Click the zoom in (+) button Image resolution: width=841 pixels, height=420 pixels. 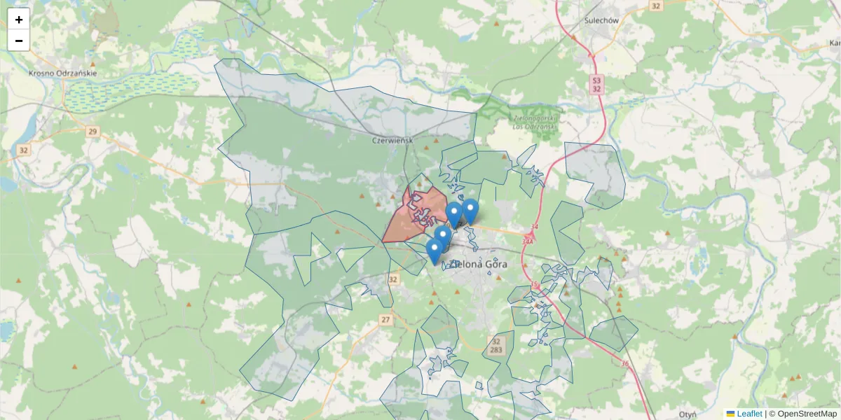point(19,20)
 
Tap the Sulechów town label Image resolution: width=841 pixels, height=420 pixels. point(601,20)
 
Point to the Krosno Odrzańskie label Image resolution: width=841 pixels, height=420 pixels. point(62,73)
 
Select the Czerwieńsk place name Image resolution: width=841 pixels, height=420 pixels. point(392,140)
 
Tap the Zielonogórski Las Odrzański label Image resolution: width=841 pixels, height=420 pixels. point(535,122)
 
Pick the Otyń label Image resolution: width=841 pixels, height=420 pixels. point(688,414)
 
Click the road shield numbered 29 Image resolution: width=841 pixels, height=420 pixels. point(93,131)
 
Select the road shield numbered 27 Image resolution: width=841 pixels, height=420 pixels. point(385,319)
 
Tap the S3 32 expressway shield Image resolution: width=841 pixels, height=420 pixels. point(596,84)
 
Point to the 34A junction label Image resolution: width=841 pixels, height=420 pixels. point(528,241)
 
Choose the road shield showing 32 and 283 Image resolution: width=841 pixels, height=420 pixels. point(496,345)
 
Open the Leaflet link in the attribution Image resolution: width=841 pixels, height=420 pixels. point(749,414)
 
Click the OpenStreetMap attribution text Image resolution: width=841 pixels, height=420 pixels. point(802,414)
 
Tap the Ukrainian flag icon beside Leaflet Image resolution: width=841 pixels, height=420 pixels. point(730,414)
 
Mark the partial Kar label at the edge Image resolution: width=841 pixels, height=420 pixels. point(834,42)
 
